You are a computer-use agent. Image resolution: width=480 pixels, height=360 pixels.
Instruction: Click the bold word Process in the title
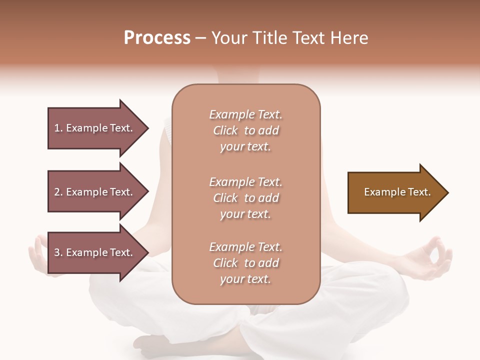click(157, 38)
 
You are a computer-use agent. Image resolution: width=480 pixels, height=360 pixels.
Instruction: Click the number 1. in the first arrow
click(58, 128)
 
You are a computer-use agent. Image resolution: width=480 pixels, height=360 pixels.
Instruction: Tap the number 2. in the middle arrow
click(58, 192)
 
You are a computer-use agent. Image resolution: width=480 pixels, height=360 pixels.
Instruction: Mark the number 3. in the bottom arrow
click(58, 252)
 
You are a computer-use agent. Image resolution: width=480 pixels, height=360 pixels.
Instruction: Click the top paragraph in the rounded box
click(245, 130)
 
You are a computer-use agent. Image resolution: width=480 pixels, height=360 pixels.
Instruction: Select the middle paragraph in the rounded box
click(245, 198)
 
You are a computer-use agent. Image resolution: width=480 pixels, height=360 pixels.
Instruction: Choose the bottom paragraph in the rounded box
click(245, 263)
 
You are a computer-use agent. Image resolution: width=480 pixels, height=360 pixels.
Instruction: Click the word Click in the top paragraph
click(225, 130)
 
